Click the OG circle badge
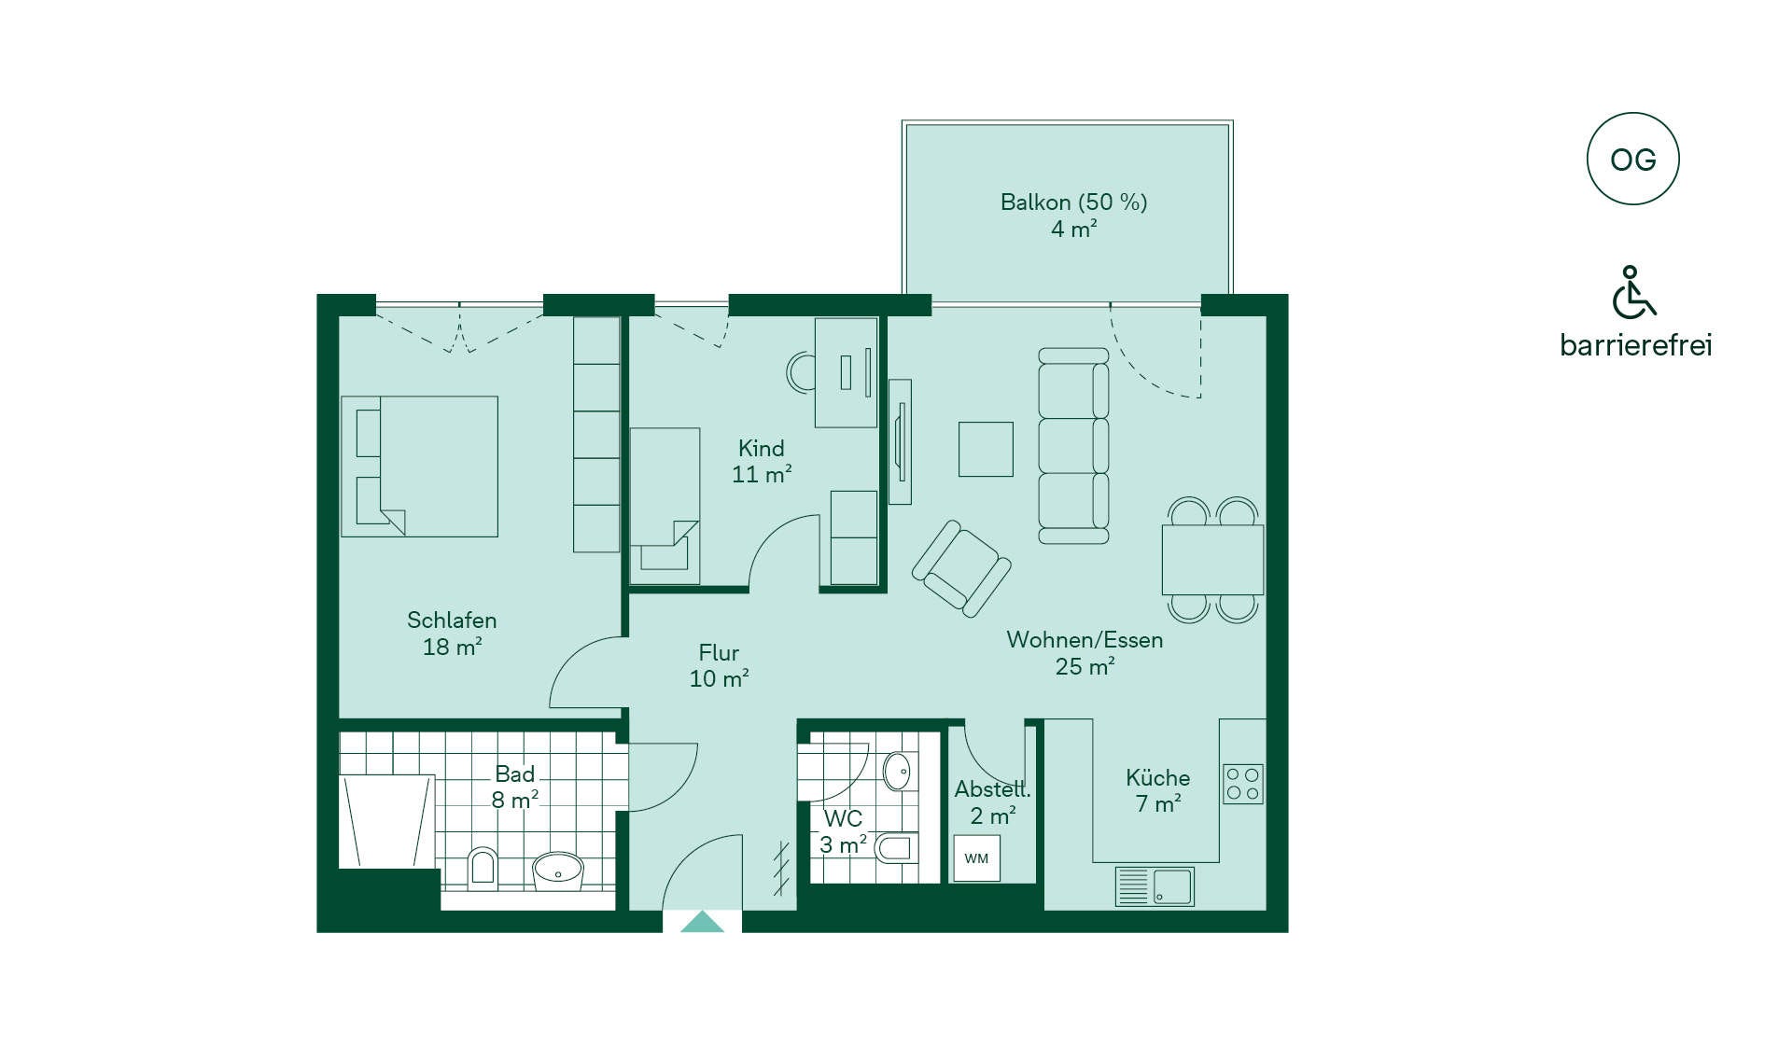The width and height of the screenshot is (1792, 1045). (x=1632, y=159)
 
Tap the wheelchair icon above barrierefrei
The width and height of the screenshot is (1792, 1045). (x=1633, y=292)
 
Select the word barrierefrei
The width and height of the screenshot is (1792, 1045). (x=1636, y=345)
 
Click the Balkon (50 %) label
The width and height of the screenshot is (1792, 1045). (x=1073, y=202)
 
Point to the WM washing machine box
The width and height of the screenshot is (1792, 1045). (x=976, y=858)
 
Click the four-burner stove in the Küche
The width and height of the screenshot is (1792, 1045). (x=1243, y=784)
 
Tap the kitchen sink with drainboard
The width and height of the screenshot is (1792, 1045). (x=1155, y=886)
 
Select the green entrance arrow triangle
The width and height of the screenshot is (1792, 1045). (x=702, y=923)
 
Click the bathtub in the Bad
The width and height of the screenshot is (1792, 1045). (x=387, y=821)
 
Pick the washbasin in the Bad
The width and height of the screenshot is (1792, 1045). (x=557, y=870)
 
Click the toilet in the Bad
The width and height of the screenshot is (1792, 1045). (x=482, y=867)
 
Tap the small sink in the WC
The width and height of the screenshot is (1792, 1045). (x=897, y=772)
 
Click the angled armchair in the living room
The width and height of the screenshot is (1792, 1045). (x=961, y=568)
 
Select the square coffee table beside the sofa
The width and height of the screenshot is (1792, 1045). (x=986, y=449)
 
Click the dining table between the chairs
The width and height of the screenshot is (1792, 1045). (x=1212, y=560)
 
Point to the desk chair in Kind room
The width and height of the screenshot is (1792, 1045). (x=800, y=372)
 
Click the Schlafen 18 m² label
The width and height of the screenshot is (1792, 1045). (x=452, y=633)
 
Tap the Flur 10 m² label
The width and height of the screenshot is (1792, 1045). (x=719, y=665)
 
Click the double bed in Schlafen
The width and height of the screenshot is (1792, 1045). (x=419, y=467)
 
